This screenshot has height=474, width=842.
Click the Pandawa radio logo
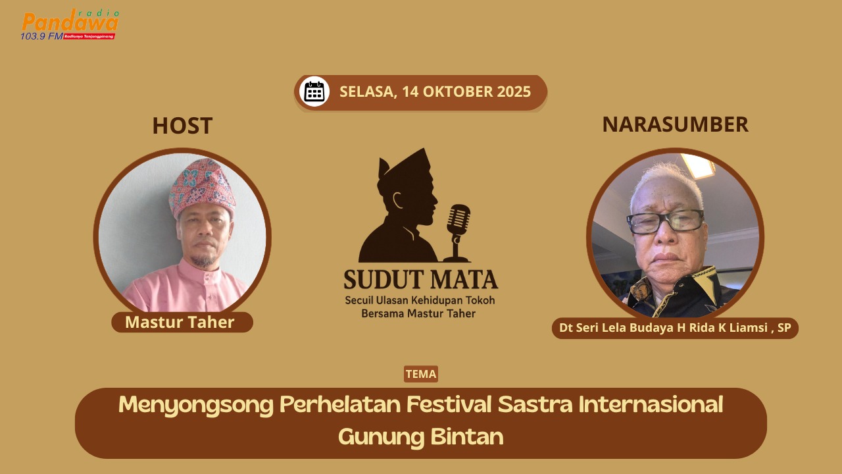70,24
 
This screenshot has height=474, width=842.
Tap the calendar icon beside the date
314,92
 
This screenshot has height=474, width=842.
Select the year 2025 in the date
514,92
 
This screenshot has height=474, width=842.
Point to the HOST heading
182,126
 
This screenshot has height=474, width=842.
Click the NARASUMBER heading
675,124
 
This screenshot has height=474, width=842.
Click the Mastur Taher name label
180,322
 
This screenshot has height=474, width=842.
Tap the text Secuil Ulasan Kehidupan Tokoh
420,300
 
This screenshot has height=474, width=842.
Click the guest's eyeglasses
665,222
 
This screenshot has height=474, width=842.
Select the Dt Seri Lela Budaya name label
675,328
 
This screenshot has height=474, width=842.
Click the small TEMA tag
421,374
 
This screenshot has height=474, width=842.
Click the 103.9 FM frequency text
41,36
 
